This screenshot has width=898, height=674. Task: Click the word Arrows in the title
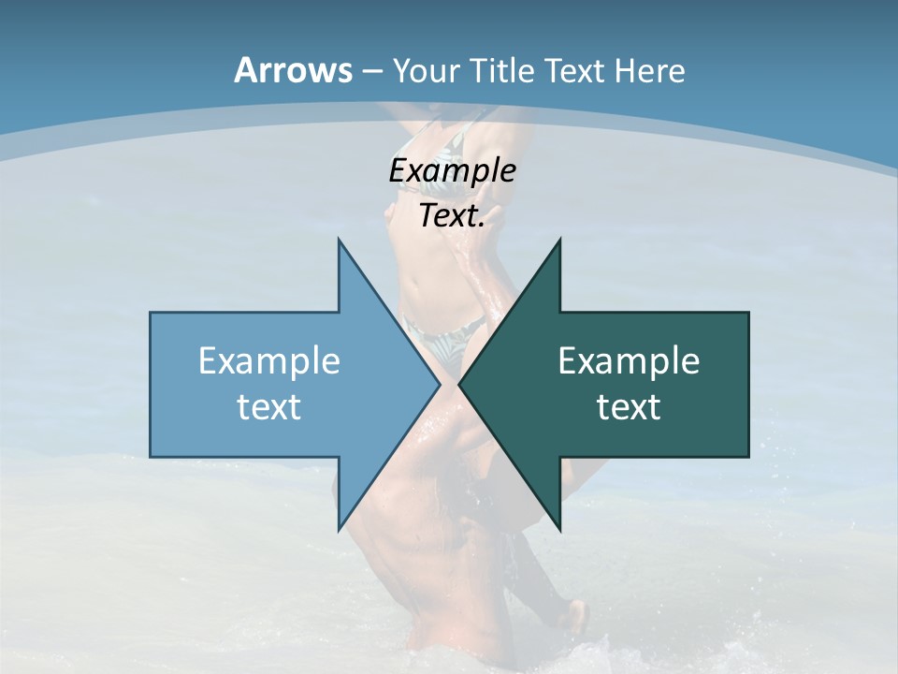292,70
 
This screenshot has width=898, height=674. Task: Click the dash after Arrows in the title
370,72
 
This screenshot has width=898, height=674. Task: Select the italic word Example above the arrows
452,171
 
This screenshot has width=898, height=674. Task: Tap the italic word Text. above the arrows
452,215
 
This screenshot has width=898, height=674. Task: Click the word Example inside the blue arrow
268,360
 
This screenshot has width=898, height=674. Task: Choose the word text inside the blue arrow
268,406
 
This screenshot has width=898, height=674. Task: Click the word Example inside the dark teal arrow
629,360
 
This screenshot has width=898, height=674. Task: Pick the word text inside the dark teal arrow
629,406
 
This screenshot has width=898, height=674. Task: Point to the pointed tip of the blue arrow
440,384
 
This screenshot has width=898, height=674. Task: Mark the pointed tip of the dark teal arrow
459,384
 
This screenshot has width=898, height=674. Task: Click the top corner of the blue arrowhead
339,240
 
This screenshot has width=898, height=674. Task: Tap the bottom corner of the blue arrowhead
339,530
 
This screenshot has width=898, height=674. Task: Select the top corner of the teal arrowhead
560,240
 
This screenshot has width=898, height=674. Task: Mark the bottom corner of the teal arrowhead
560,530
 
